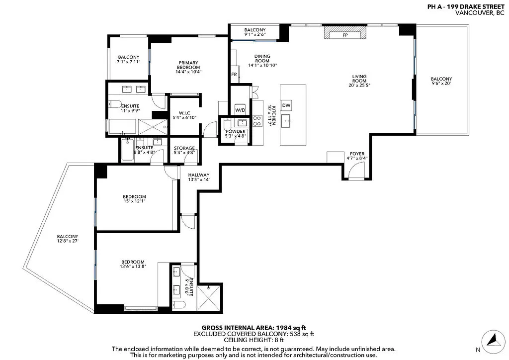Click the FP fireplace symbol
(x=345, y=33)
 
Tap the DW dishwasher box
(x=286, y=105)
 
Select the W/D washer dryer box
(x=240, y=110)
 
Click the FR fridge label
(x=234, y=75)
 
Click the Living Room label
(x=359, y=79)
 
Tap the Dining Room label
(x=262, y=59)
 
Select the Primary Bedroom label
(x=188, y=65)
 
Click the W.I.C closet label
(x=184, y=113)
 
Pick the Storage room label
(x=184, y=148)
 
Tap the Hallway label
(x=199, y=175)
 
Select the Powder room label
(x=236, y=131)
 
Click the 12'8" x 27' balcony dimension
(x=68, y=241)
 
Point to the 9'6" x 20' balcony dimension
(x=441, y=84)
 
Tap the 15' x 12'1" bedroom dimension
(x=134, y=201)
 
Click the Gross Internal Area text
(x=254, y=328)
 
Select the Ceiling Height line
(x=254, y=340)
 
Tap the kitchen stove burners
(x=257, y=121)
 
